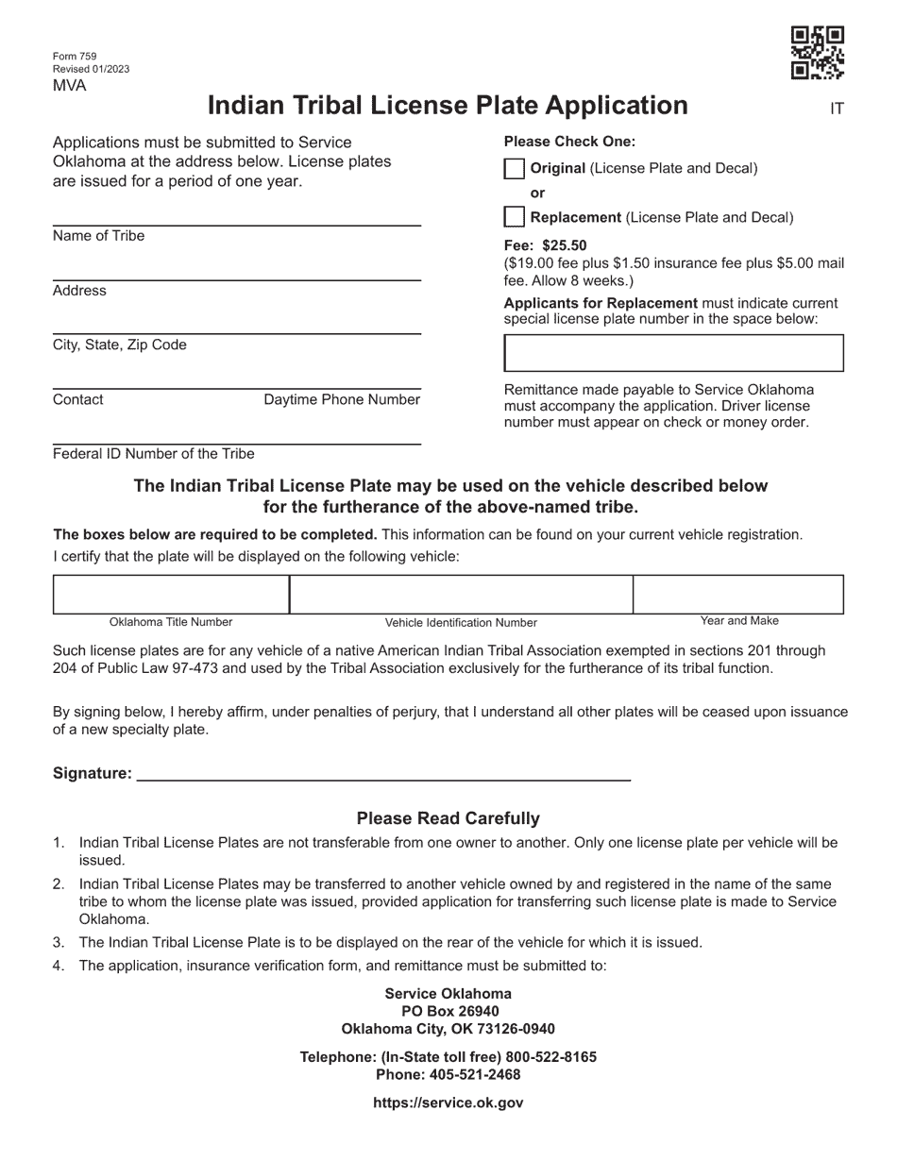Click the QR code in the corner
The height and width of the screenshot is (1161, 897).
(x=817, y=53)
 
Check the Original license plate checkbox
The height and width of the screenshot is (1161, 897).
(x=514, y=169)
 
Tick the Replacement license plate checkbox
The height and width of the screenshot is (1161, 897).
(x=514, y=217)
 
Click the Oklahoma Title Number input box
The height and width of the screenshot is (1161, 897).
(x=171, y=595)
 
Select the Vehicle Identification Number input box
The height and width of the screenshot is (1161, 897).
(x=461, y=595)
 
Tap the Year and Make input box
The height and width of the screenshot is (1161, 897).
(x=738, y=595)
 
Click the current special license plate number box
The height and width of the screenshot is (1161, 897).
(x=673, y=353)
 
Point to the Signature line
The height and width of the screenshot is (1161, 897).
(x=383, y=773)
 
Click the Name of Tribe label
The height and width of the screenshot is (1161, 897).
(x=99, y=236)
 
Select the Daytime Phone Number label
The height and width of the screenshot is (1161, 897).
(x=342, y=400)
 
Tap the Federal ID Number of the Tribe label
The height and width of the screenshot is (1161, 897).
(x=154, y=454)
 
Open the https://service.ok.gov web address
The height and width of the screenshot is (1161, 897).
(x=448, y=1102)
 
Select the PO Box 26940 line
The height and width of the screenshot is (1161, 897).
(x=448, y=1011)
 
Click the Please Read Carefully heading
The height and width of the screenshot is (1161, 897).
(x=448, y=818)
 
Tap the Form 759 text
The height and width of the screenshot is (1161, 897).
(x=75, y=57)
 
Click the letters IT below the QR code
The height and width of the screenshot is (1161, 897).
(x=837, y=109)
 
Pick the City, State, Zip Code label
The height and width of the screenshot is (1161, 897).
(x=120, y=345)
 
